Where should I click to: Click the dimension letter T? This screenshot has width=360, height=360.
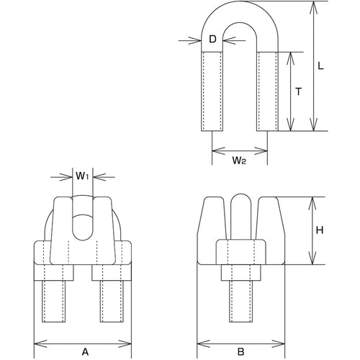coord(299,91)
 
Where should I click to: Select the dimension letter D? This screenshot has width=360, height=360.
coord(212,40)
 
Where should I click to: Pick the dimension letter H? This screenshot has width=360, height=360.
coord(320,230)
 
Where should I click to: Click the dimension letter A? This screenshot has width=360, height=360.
coord(85,333)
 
